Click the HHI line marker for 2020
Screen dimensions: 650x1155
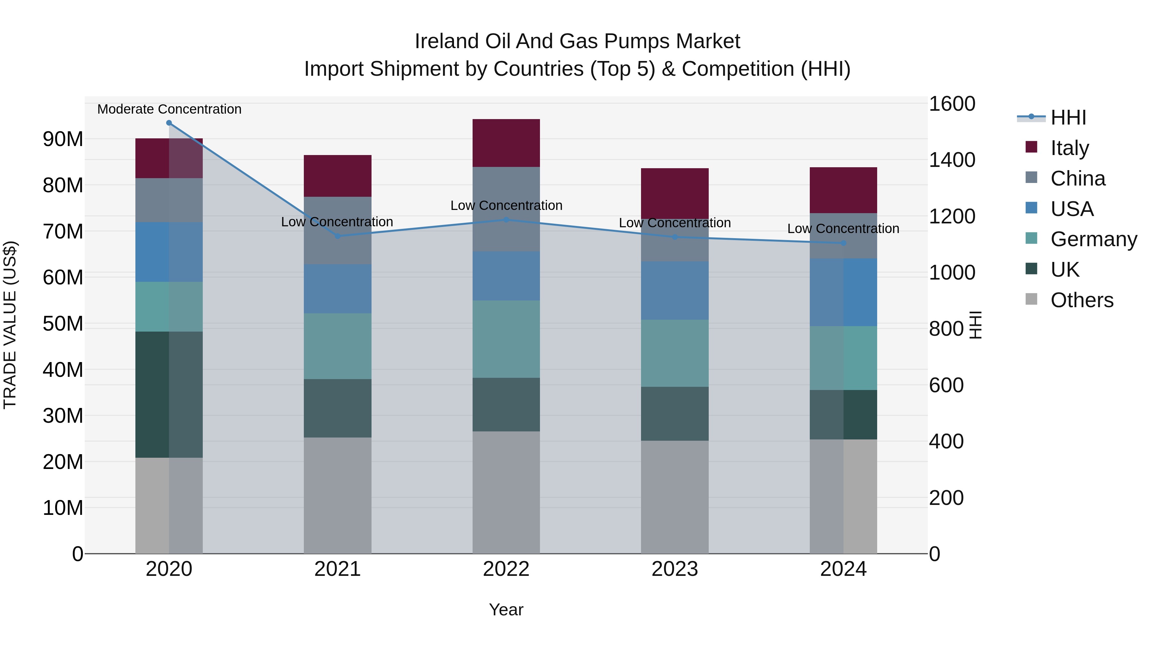click(169, 123)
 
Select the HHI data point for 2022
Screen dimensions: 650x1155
click(506, 220)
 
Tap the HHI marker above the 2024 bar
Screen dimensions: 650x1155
click(843, 243)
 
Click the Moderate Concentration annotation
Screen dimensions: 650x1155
click(169, 109)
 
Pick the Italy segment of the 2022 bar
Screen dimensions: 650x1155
click(506, 143)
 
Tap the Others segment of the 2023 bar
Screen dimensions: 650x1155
click(675, 497)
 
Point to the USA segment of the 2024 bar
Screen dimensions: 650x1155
click(843, 292)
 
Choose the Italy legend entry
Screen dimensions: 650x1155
click(1069, 148)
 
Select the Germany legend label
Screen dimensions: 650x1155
click(1094, 239)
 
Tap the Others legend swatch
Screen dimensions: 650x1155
click(1031, 299)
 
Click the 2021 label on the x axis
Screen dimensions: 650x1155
click(338, 569)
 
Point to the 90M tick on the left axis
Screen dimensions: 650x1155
click(63, 139)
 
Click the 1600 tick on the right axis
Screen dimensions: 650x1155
click(952, 104)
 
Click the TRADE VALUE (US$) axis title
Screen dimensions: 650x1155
click(10, 325)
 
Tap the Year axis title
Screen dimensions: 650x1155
click(506, 610)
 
